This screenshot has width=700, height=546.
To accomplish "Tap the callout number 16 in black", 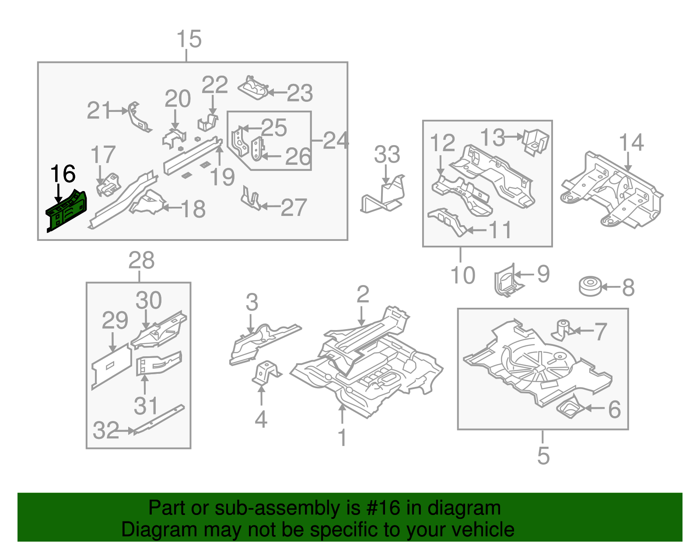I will pyautogui.click(x=63, y=174).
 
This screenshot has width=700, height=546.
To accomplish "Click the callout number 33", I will pyautogui.click(x=387, y=155).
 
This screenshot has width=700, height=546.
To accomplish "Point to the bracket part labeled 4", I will pyautogui.click(x=265, y=373).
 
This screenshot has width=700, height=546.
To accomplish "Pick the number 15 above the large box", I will pyautogui.click(x=189, y=39).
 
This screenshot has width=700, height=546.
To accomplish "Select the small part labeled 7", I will pyautogui.click(x=563, y=329).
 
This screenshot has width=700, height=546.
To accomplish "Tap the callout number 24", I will pyautogui.click(x=336, y=141).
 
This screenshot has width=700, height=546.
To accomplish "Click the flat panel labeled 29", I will pyautogui.click(x=111, y=366).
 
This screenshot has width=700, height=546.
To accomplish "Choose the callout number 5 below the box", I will pyautogui.click(x=543, y=456).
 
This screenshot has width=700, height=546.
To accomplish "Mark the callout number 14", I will pyautogui.click(x=631, y=143).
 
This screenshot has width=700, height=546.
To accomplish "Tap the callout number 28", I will pyautogui.click(x=141, y=261).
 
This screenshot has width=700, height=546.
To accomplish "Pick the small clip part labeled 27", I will pyautogui.click(x=251, y=199).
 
